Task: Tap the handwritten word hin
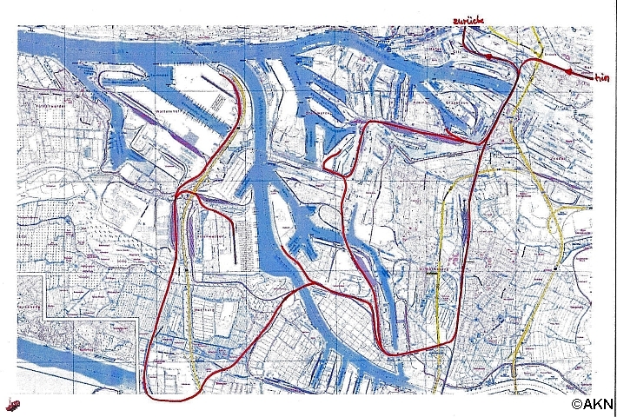(x=600, y=78)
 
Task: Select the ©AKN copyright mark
(x=593, y=403)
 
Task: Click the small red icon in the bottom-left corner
(x=12, y=403)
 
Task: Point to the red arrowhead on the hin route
(x=568, y=72)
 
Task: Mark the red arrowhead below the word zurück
(x=489, y=57)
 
